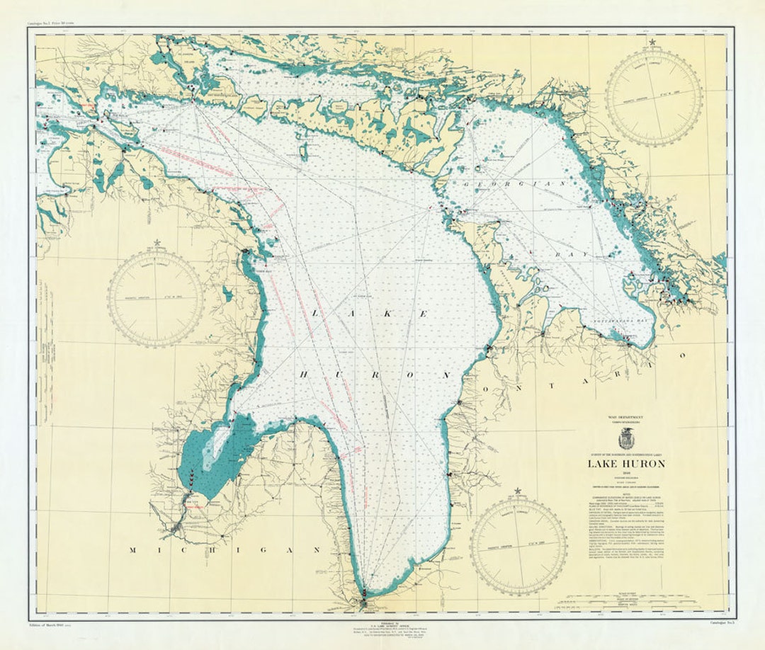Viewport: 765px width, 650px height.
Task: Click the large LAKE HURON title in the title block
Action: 625,464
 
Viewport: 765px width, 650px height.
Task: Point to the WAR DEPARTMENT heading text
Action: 625,418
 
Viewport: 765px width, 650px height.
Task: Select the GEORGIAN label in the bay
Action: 516,183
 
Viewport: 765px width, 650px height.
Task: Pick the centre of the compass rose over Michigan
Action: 156,298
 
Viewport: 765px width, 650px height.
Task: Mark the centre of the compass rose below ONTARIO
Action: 518,544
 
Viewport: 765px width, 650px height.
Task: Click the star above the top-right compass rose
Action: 652,42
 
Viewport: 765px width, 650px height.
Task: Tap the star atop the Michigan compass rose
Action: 157,244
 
